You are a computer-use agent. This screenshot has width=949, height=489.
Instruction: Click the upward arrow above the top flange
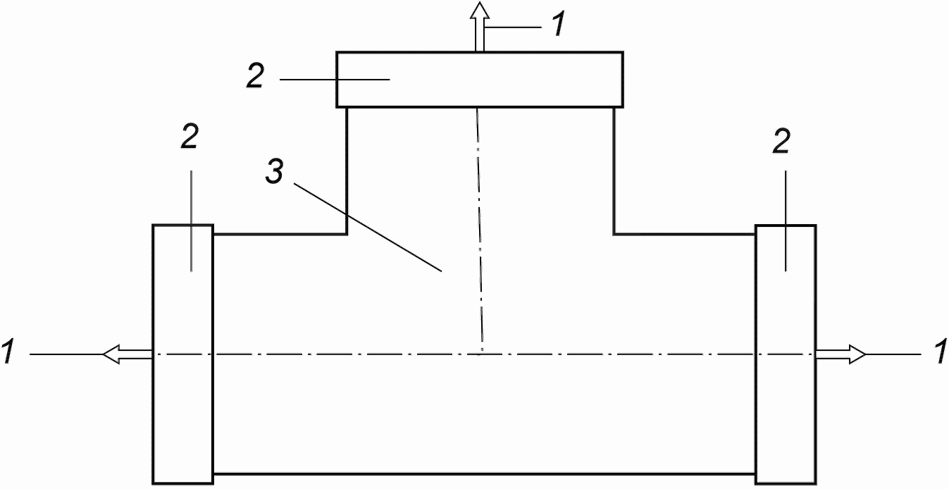pyautogui.click(x=480, y=26)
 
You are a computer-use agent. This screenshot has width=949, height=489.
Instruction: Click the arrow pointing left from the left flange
pyautogui.click(x=128, y=354)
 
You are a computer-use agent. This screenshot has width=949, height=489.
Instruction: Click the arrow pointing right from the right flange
pyautogui.click(x=841, y=354)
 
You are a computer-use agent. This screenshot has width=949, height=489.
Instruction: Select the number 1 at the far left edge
pyautogui.click(x=8, y=352)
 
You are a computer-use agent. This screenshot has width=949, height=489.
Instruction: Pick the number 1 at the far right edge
pyautogui.click(x=940, y=352)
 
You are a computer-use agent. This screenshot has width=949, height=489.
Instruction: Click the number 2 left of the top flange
pyautogui.click(x=256, y=76)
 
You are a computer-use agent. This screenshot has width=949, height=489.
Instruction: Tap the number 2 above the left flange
pyautogui.click(x=190, y=137)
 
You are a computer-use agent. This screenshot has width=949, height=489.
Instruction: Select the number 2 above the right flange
pyautogui.click(x=781, y=141)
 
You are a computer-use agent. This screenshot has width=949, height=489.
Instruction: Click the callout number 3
pyautogui.click(x=275, y=172)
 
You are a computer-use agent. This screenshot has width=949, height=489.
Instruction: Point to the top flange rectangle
pyautogui.click(x=480, y=80)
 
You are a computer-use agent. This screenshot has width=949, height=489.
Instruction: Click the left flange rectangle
pyautogui.click(x=183, y=354)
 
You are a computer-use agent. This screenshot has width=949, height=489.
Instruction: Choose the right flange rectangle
pyautogui.click(x=786, y=354)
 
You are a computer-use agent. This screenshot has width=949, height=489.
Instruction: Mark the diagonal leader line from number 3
pyautogui.click(x=368, y=228)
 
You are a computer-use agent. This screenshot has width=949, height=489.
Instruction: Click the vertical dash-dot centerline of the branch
pyautogui.click(x=480, y=231)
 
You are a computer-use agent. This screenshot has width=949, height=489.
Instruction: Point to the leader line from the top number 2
pyautogui.click(x=335, y=79)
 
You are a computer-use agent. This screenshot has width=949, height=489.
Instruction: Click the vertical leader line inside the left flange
pyautogui.click(x=191, y=221)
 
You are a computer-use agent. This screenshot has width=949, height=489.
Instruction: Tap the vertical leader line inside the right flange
pyautogui.click(x=786, y=221)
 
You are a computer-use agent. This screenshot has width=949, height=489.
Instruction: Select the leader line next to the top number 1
pyautogui.click(x=514, y=27)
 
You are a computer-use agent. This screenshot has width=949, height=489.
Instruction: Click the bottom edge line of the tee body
pyautogui.click(x=484, y=473)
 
